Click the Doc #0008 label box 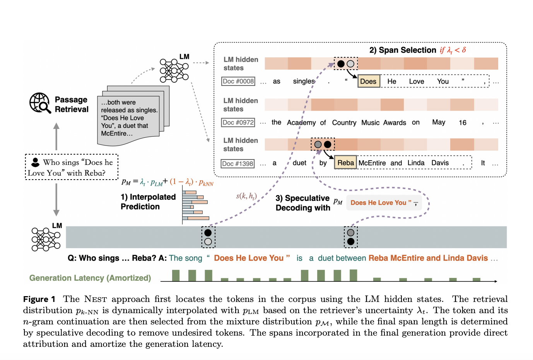click(x=238, y=81)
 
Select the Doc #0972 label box click(x=238, y=123)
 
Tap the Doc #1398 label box click(x=238, y=164)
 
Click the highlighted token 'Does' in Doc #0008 click(x=368, y=81)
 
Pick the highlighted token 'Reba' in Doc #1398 click(x=345, y=163)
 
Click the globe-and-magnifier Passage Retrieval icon click(x=40, y=103)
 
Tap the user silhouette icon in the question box click(x=35, y=162)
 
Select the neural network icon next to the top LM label click(x=174, y=70)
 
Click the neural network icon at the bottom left click(x=46, y=239)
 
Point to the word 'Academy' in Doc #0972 click(x=301, y=123)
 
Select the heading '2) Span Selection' click(x=403, y=50)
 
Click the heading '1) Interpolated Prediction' click(x=148, y=202)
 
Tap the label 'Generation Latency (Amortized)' click(x=90, y=278)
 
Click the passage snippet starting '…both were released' click(x=129, y=118)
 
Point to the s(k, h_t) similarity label click(x=246, y=196)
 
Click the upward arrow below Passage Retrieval click(x=56, y=136)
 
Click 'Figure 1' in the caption click(x=39, y=299)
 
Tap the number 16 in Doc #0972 click(x=463, y=123)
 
